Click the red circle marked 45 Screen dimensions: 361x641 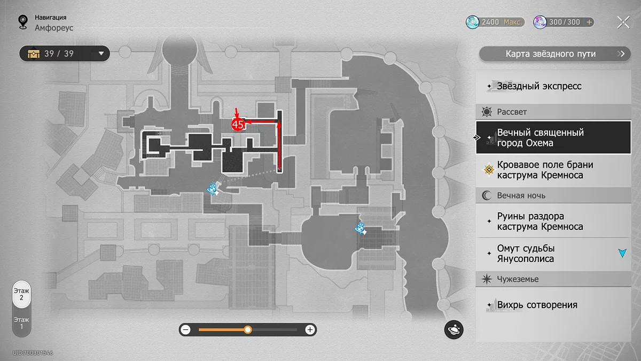[238, 125]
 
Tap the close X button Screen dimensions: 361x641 [623, 22]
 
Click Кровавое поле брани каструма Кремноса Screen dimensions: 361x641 [545, 170]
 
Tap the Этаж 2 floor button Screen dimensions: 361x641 [21, 294]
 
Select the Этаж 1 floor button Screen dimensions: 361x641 [21, 322]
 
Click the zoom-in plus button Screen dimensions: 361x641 [310, 330]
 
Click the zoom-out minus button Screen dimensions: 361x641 [186, 330]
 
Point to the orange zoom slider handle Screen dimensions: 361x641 [248, 330]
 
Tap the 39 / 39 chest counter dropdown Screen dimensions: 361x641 [64, 53]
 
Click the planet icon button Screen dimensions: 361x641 [454, 330]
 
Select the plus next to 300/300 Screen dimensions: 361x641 [590, 22]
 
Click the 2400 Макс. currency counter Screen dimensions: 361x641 [495, 22]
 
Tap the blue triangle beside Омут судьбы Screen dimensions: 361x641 [622, 253]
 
